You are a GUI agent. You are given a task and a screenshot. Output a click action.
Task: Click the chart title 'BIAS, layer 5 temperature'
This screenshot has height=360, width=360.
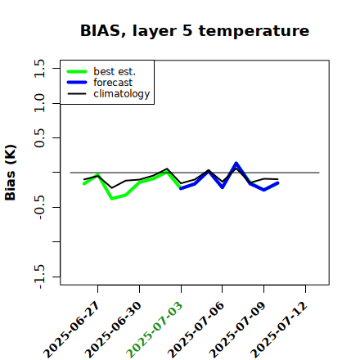(195, 31)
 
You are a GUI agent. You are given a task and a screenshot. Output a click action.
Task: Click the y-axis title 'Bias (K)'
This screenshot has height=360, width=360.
(11, 173)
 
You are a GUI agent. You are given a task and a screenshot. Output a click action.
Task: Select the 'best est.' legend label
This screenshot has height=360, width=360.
(115, 71)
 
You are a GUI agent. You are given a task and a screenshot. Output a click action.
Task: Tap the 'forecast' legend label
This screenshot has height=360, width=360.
(113, 83)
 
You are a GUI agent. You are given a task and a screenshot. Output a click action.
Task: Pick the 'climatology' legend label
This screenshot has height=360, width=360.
(122, 94)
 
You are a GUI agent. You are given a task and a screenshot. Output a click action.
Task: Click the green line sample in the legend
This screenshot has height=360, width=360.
(77, 72)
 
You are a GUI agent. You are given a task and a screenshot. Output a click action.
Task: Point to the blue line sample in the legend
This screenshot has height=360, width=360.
(77, 83)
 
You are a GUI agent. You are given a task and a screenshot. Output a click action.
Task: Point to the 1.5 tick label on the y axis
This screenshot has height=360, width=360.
(39, 68)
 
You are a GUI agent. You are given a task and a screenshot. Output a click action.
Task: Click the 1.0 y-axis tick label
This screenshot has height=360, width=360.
(39, 103)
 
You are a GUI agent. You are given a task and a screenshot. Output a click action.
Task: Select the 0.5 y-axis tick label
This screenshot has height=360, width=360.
(39, 138)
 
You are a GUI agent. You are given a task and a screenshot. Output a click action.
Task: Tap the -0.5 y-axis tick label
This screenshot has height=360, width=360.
(39, 207)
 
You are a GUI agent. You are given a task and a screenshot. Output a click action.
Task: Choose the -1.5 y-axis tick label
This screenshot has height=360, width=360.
(39, 277)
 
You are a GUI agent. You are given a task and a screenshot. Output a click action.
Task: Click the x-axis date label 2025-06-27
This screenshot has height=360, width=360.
(72, 330)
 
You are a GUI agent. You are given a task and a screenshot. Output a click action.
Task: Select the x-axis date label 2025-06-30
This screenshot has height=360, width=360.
(114, 330)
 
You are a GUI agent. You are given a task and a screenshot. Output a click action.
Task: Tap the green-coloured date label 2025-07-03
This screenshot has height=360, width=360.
(155, 330)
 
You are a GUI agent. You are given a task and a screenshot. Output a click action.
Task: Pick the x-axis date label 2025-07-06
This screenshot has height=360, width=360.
(196, 330)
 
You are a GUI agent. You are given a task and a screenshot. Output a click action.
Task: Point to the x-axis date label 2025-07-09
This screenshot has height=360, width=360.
(238, 330)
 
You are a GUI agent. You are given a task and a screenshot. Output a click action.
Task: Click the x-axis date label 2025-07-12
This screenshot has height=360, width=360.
(279, 330)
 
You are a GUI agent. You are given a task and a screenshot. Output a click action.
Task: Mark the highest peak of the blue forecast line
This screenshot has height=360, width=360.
(236, 164)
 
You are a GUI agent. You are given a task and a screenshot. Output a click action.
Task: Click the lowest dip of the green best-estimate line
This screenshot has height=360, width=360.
(112, 198)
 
